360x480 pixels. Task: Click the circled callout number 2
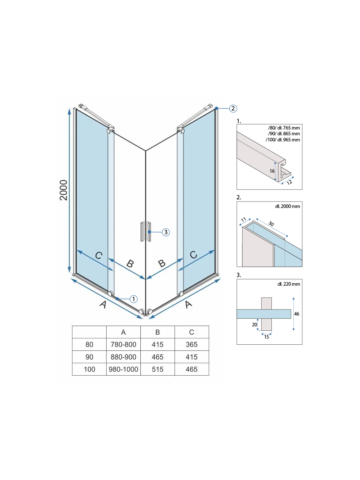point(233,108)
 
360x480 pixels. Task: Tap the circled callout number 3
point(166,232)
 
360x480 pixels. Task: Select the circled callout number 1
point(134,299)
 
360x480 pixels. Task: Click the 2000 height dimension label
point(63,190)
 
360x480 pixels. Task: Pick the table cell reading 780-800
point(123,344)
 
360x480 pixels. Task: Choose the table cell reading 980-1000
point(123,369)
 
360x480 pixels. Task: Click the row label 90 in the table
point(89,357)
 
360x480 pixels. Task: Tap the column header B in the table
point(157,332)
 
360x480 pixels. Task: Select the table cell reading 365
point(192,344)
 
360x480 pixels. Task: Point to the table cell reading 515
point(157,369)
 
